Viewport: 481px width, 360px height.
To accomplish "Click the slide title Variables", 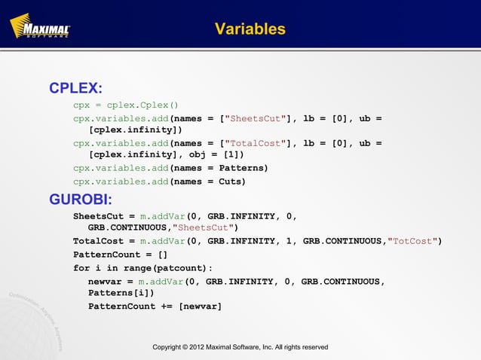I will (250, 29).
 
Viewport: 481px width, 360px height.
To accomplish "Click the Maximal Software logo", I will (40, 29).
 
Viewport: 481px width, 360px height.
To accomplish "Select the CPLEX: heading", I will (75, 89).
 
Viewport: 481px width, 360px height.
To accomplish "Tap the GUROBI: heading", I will (81, 200).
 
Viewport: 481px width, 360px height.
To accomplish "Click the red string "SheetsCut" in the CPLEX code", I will (258, 118).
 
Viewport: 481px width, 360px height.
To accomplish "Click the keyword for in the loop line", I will (81, 267).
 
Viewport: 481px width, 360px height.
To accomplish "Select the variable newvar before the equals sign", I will (106, 281).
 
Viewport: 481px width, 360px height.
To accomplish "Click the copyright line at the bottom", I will (240, 347).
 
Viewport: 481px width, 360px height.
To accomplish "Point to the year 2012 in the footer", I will (204, 347).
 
